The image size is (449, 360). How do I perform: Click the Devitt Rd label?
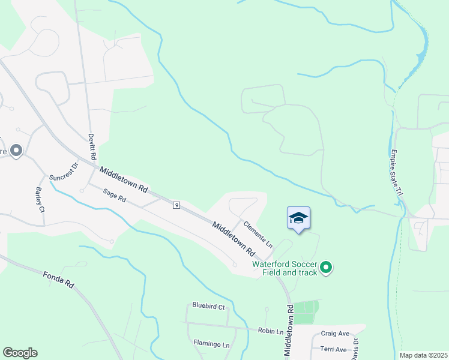click(x=92, y=147)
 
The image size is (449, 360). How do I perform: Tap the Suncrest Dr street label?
click(x=64, y=173)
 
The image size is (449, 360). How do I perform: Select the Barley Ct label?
click(x=40, y=200)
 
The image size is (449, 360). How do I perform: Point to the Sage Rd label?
click(x=114, y=195)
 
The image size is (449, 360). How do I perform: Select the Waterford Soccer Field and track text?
click(x=285, y=268)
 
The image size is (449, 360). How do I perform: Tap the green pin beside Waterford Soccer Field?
click(x=326, y=268)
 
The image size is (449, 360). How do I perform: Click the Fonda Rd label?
click(x=58, y=280)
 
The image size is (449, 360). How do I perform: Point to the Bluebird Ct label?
click(x=208, y=307)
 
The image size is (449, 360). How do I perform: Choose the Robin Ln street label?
click(x=271, y=331)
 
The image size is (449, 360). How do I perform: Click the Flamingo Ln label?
click(x=211, y=344)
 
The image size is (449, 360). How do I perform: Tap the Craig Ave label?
click(x=335, y=334)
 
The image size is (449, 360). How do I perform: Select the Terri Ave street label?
click(x=334, y=349)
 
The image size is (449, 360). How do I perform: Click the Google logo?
click(x=20, y=353)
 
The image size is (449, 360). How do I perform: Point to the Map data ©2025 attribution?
click(x=423, y=355)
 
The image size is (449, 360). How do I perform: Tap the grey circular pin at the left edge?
click(x=16, y=151)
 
